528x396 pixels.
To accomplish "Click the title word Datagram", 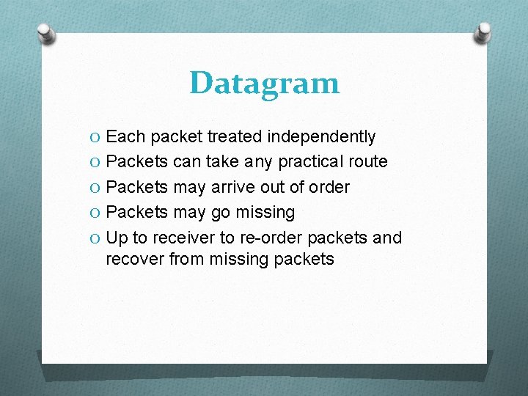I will coord(264,83).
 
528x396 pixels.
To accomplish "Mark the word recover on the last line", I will coord(135,259).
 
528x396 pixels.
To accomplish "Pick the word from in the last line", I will coord(188,259).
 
